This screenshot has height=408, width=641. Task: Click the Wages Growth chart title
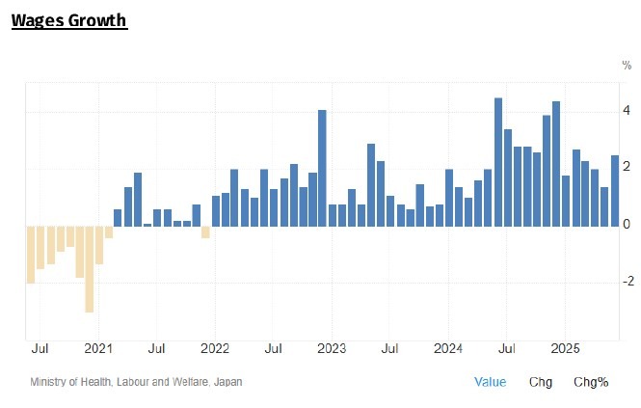pos(68,19)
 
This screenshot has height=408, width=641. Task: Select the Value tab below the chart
pos(490,382)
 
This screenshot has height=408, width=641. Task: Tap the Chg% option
pos(590,382)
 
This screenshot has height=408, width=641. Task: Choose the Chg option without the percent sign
pos(541,382)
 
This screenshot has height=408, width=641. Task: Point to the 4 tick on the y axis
pos(627,111)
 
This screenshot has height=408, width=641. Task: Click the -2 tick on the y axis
pos(627,281)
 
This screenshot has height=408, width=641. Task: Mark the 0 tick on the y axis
pos(627,224)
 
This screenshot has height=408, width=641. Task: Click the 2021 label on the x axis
pos(98,348)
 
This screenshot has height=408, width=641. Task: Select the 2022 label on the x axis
pos(214,348)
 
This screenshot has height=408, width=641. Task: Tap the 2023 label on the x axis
pos(332,348)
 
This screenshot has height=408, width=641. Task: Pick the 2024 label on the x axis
pos(448,348)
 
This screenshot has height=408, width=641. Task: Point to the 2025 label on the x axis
pos(565,348)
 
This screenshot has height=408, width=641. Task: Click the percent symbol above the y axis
pos(627,65)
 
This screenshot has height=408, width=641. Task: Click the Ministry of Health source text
pos(136,382)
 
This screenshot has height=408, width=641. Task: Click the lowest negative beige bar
pos(89,268)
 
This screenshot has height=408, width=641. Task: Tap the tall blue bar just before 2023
pos(322,168)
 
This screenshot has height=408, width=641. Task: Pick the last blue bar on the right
pos(615,190)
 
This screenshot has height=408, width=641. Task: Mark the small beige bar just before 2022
pos(205,231)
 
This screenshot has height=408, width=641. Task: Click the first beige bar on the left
pos(31,254)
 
